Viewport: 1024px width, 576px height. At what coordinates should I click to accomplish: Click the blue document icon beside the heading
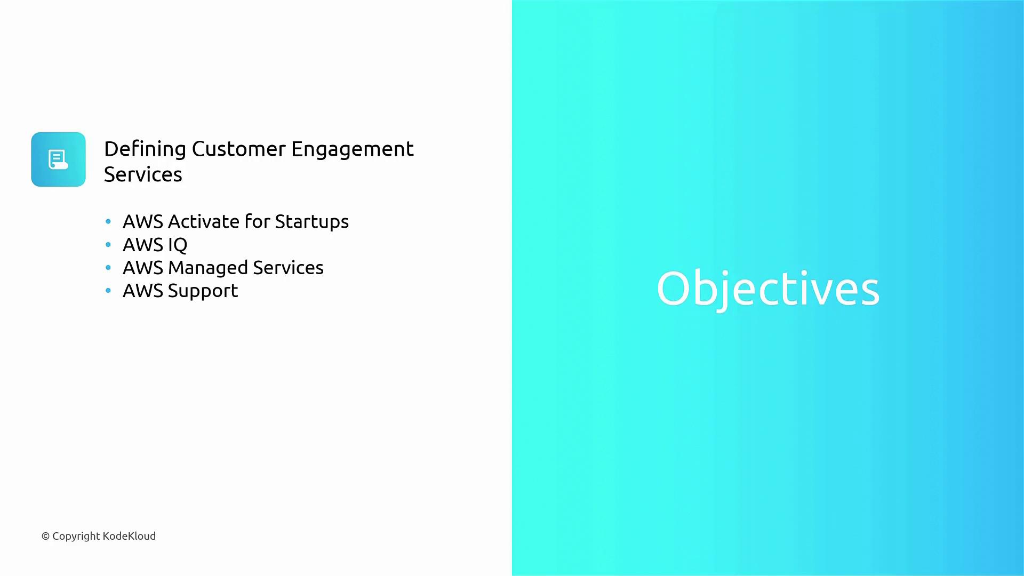coord(58,159)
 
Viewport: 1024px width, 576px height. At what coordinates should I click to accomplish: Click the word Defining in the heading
coord(145,150)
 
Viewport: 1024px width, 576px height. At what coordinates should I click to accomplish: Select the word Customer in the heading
coord(239,149)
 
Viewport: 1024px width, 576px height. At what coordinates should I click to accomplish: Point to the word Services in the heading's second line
coord(143,175)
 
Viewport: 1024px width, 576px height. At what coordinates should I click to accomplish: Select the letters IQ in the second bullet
coord(178,245)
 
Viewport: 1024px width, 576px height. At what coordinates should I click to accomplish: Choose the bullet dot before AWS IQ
coord(108,245)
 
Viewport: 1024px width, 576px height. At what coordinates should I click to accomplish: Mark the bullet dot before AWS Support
coord(108,291)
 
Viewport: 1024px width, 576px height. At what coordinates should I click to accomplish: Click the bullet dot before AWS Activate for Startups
coord(108,221)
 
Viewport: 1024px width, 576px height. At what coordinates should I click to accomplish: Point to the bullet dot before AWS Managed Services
coord(108,268)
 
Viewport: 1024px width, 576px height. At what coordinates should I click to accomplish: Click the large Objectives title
coord(768,289)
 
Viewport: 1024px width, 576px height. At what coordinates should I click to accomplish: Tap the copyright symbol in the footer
coord(45,537)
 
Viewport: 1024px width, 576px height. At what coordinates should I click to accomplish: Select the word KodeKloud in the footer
coord(129,536)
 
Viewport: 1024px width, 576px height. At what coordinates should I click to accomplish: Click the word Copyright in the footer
coord(76,537)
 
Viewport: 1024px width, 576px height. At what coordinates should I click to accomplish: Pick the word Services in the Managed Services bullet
coord(288,268)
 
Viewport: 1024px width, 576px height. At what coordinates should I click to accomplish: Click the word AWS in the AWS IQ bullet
coord(143,245)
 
